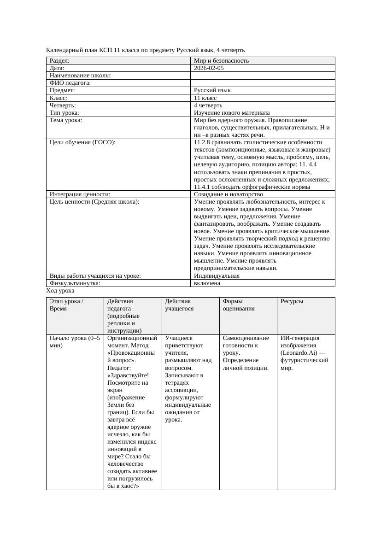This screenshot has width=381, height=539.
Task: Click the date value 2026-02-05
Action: pos(209,68)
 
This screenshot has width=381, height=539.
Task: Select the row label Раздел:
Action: pos(59,61)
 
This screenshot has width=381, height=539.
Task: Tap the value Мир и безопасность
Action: pos(221,61)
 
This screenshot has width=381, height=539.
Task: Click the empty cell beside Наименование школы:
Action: pos(262,76)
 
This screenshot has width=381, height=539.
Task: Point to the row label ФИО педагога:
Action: pos(70,83)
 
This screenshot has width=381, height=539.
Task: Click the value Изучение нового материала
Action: pos(232,113)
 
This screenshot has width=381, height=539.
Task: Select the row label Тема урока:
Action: pos(66,120)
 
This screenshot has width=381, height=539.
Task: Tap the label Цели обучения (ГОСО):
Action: pos(82,142)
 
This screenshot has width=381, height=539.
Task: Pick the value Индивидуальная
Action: pos(217,276)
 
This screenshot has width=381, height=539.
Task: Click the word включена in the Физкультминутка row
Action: pos(207,283)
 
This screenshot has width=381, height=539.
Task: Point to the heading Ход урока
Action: pos(60,291)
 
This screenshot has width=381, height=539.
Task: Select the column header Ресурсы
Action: pos(292,301)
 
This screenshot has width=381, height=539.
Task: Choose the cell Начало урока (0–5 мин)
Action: pos(74,341)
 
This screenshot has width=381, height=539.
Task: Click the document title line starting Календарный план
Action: pos(146,50)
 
